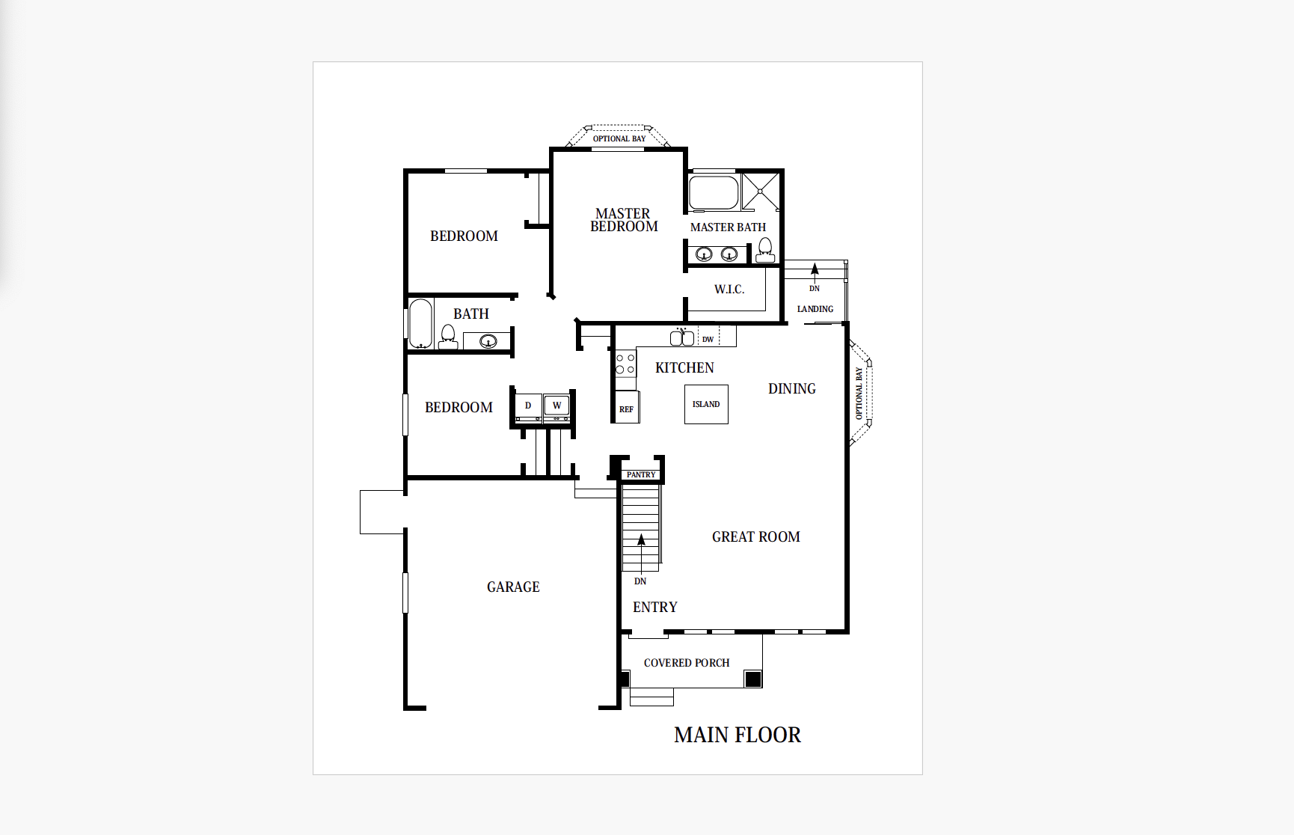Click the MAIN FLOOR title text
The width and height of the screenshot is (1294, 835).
(x=737, y=735)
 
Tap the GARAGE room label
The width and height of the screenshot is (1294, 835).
(x=513, y=587)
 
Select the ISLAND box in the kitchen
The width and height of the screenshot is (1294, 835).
(x=706, y=404)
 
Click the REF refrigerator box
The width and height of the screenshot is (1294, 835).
(x=627, y=408)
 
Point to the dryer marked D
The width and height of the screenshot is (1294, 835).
(x=528, y=406)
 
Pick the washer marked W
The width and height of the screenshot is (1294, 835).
(x=556, y=406)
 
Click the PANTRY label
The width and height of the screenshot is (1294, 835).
(x=641, y=474)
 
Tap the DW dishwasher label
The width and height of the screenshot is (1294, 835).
(x=708, y=339)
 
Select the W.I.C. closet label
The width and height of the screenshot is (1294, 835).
(x=729, y=290)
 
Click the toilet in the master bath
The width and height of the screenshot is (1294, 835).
(x=765, y=250)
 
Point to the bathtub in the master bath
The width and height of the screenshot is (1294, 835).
(x=714, y=192)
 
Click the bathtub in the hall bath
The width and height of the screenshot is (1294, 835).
(x=421, y=324)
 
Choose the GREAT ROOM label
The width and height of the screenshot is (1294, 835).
(x=756, y=536)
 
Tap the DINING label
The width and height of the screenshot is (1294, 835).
(x=792, y=388)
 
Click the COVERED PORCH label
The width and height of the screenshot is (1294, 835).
(x=687, y=663)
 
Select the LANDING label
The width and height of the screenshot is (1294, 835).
(x=815, y=309)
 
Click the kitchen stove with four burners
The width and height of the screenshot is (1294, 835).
(x=625, y=364)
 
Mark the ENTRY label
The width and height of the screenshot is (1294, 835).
(x=655, y=607)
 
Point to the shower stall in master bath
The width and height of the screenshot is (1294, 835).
(x=760, y=192)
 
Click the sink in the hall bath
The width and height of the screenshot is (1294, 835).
(x=488, y=342)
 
